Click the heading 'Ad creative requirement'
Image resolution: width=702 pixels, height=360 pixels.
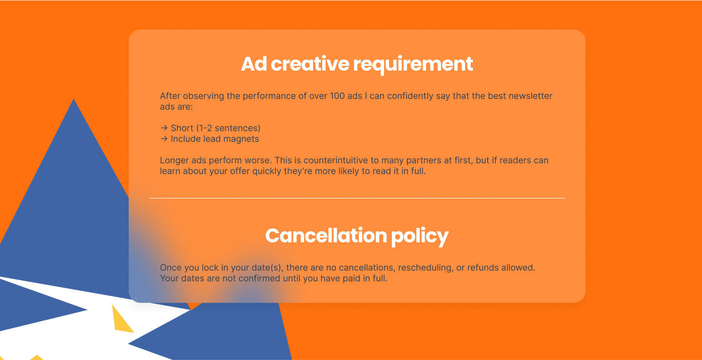(x=357, y=64)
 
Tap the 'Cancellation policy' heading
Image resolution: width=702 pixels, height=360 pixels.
(x=357, y=236)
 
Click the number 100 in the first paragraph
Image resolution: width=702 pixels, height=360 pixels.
(x=337, y=96)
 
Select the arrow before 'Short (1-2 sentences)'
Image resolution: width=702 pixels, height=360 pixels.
(x=164, y=128)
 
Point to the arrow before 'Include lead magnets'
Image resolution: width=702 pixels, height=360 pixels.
(x=164, y=139)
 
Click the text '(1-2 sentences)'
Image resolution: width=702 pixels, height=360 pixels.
(x=229, y=128)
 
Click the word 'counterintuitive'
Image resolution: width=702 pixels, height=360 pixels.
(x=335, y=160)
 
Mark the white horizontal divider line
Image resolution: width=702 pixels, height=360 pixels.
(x=357, y=198)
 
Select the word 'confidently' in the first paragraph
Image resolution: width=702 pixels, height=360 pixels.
(x=409, y=96)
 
